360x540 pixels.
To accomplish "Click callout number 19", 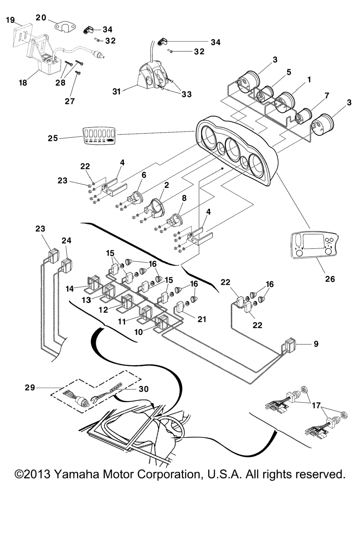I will pyautogui.click(x=11, y=20).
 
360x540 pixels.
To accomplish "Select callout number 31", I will pyautogui.click(x=117, y=91).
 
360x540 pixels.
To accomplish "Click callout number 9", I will pyautogui.click(x=316, y=343).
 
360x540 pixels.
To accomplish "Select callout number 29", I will pyautogui.click(x=30, y=387).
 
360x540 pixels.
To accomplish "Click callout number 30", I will pyautogui.click(x=144, y=389).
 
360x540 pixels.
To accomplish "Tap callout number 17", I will pyautogui.click(x=316, y=405).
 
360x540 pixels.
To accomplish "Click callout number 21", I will pyautogui.click(x=202, y=319).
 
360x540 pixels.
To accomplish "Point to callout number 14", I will pyautogui.click(x=70, y=289).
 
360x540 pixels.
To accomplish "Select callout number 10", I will pyautogui.click(x=139, y=332).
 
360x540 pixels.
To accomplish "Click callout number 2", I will pyautogui.click(x=167, y=185).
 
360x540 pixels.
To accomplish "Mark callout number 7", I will pyautogui.click(x=327, y=96).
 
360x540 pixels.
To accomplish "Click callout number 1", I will pyautogui.click(x=309, y=80).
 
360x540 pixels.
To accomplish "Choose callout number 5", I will pyautogui.click(x=289, y=72).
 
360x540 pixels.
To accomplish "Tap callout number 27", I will pyautogui.click(x=70, y=101).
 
